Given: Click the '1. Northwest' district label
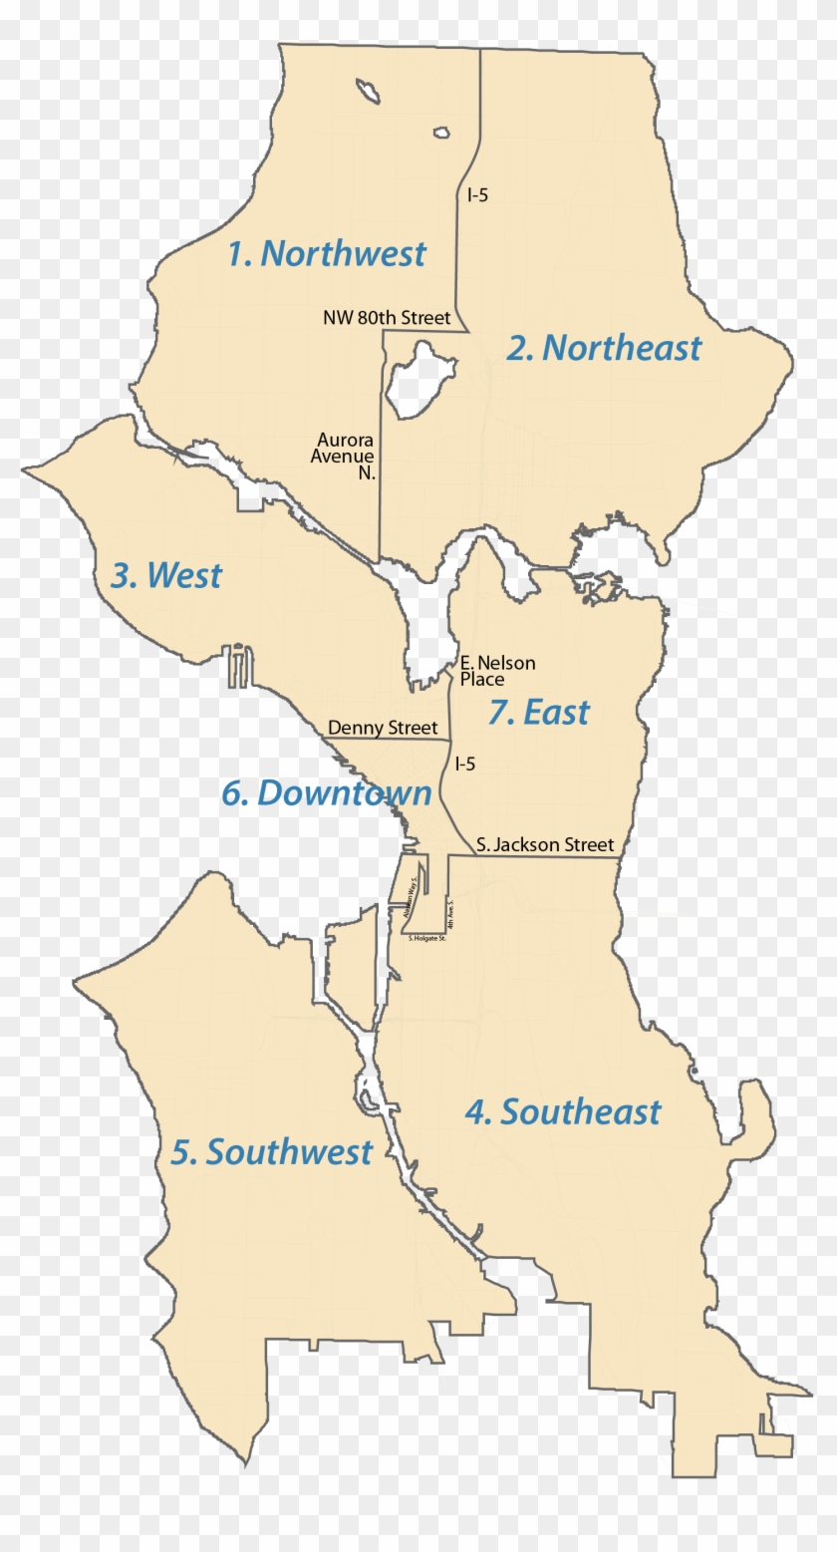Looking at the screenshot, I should tap(326, 254).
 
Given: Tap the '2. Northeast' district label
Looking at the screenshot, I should tap(604, 348).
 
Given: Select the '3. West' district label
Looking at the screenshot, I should tap(166, 575).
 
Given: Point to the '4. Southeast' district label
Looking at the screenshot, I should tap(563, 1111).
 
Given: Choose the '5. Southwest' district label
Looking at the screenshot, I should tap(272, 1152).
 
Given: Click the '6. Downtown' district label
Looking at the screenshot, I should tap(327, 793).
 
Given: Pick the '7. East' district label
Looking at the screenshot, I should tap(539, 713).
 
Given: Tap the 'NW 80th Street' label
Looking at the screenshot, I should tap(387, 318).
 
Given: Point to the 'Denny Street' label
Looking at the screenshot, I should tap(383, 729).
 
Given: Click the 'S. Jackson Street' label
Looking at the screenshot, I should tap(545, 845).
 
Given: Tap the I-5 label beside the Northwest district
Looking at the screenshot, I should tap(477, 195).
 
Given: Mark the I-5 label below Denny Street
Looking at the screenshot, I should tap(464, 765).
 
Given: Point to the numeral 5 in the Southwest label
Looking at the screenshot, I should tap(180, 1153).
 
